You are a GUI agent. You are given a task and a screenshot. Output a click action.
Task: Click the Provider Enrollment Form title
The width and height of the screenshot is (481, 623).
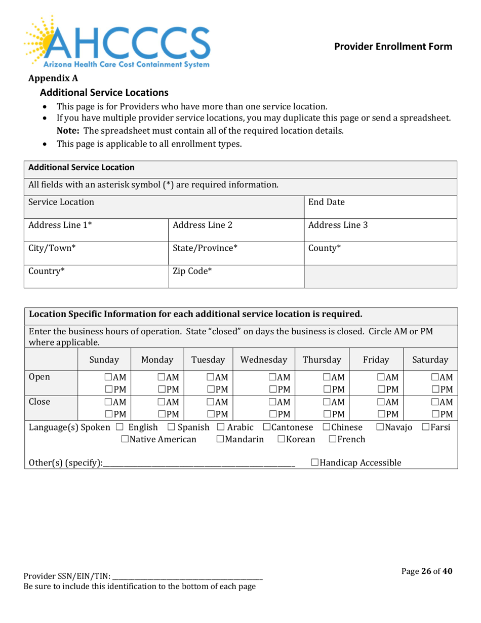(393, 47)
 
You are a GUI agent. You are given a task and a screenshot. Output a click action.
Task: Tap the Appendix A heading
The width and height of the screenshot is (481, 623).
(50, 78)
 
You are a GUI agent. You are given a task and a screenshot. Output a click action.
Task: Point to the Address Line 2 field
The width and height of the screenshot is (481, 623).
(235, 229)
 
